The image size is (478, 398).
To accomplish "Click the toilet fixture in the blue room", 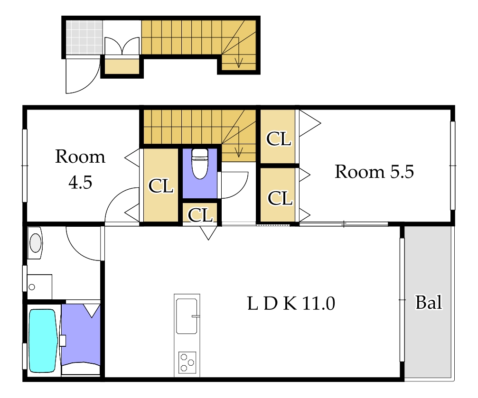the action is [x=200, y=164].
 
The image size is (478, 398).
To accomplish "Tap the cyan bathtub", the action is [x=43, y=341].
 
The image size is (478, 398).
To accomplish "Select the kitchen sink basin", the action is [x=187, y=316].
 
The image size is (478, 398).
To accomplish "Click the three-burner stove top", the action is [x=187, y=362].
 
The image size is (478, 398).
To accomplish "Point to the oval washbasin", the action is [x=35, y=243].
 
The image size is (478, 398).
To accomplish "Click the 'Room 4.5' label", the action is [x=80, y=169].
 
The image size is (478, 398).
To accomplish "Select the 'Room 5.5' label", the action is [x=375, y=172].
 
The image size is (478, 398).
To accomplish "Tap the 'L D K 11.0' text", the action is [x=291, y=304].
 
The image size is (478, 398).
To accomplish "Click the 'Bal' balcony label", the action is [x=429, y=303].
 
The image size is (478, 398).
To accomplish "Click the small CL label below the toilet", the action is [x=200, y=215].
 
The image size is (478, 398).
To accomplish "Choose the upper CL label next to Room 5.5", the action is [x=279, y=139].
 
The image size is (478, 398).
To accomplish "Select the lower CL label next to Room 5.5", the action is [x=280, y=198].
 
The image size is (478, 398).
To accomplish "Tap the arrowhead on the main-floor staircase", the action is [x=239, y=152].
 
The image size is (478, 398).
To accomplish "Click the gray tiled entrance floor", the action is [x=84, y=37].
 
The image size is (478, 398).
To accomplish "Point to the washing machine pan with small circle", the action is [x=39, y=287].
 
